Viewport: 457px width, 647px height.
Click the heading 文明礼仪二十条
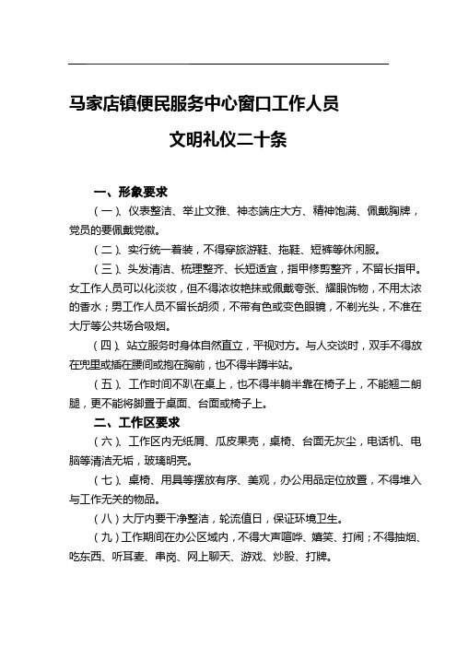click(x=230, y=141)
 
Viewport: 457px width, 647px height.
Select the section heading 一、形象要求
click(x=130, y=193)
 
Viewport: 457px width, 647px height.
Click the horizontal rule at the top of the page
click(x=228, y=64)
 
